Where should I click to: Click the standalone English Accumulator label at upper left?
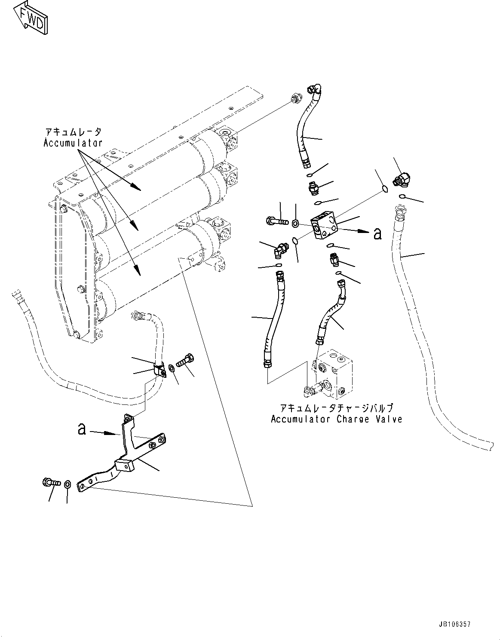pyautogui.click(x=73, y=143)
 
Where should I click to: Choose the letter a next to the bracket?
pyautogui.click(x=82, y=429)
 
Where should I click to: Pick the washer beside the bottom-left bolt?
pyautogui.click(x=67, y=485)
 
